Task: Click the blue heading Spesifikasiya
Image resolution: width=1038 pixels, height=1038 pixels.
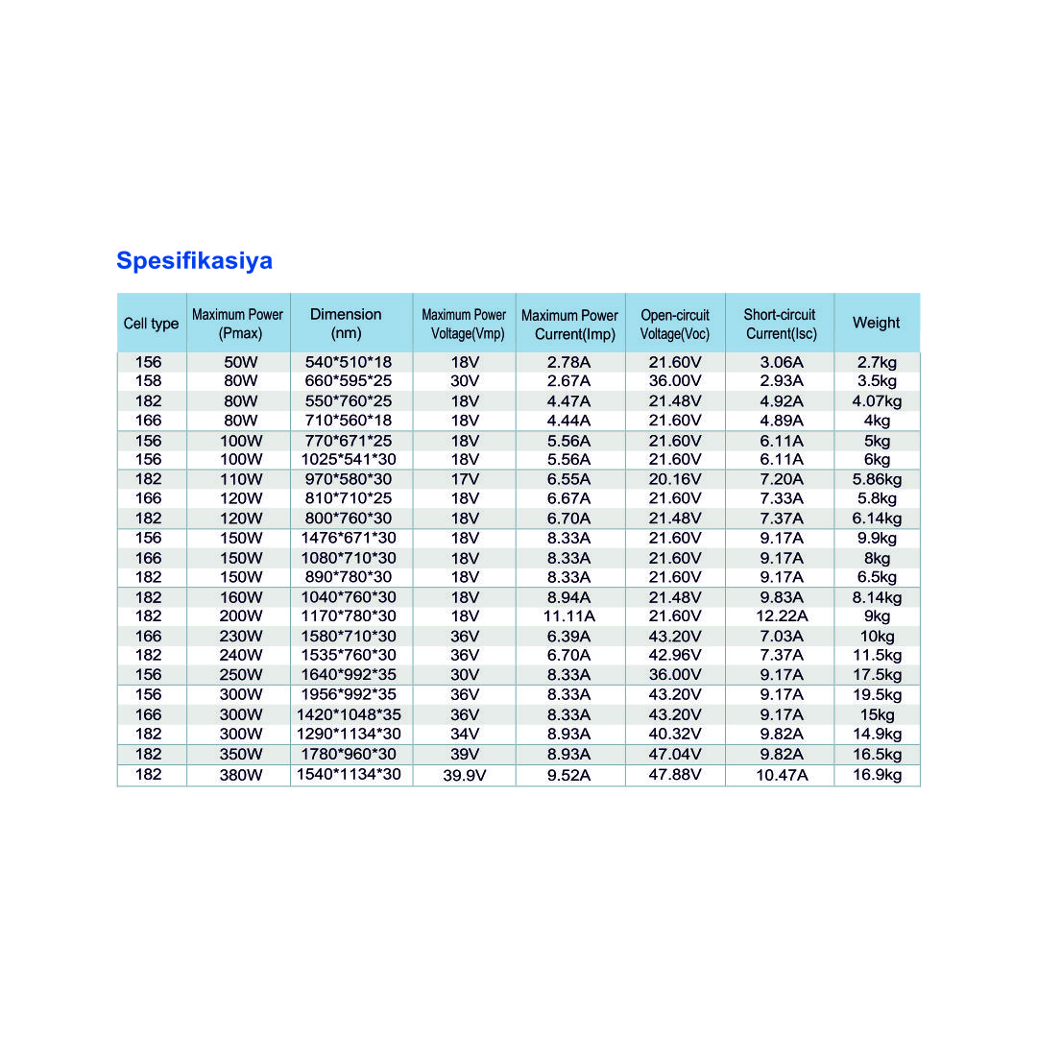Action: click(x=194, y=261)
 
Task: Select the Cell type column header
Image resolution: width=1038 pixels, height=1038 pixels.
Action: click(x=151, y=324)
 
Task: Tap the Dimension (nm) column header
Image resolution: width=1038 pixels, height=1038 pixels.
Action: click(x=346, y=324)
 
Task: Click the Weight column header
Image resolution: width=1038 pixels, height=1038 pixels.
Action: click(x=876, y=324)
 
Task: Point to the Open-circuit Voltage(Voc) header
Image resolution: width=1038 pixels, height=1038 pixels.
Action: click(x=675, y=325)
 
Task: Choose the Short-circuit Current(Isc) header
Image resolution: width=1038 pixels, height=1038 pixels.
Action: click(x=780, y=325)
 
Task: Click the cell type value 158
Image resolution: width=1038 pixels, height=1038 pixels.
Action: click(x=149, y=381)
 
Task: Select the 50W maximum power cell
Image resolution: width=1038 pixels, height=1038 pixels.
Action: click(x=240, y=362)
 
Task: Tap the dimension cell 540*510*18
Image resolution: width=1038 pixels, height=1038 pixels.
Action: click(x=348, y=362)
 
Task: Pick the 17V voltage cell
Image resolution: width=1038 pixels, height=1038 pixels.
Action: click(x=465, y=479)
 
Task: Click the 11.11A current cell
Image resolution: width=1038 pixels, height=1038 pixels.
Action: click(x=569, y=616)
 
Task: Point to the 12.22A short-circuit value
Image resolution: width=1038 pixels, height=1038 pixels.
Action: click(x=782, y=616)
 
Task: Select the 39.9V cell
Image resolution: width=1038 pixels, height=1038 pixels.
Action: click(x=465, y=775)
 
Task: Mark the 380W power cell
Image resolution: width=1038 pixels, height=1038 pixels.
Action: click(x=240, y=775)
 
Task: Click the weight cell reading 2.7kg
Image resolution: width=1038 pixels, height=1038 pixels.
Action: click(x=877, y=362)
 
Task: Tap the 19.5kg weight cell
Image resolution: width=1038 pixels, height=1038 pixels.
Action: click(x=877, y=695)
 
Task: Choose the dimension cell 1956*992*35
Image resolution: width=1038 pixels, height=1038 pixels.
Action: click(x=350, y=695)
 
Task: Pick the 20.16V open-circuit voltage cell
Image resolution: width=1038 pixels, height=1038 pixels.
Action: click(x=675, y=479)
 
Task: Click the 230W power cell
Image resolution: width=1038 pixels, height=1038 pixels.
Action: click(x=240, y=636)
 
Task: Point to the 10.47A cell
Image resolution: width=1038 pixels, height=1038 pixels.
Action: click(x=782, y=775)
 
